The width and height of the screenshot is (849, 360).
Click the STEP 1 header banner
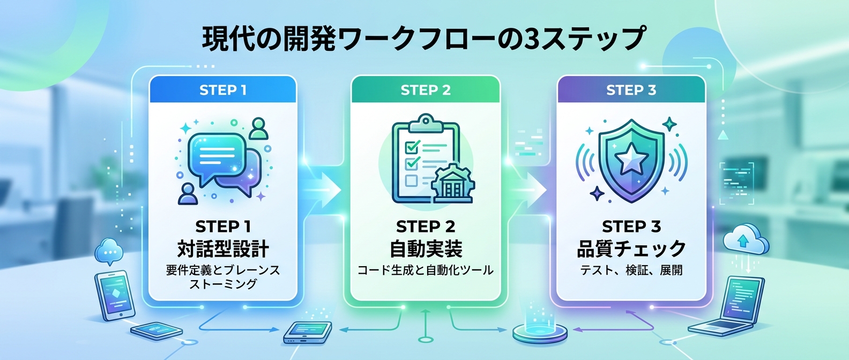pos(222,90)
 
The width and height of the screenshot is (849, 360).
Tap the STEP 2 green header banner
pos(426,90)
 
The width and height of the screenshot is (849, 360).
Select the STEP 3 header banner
pos(631,90)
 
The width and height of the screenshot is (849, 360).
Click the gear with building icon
pos(453,183)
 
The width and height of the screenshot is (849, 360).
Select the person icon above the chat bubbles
pos(259,129)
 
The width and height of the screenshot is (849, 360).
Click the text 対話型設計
pos(223,249)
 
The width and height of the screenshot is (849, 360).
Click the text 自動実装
pos(426,249)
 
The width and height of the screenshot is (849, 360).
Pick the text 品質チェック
pos(631,249)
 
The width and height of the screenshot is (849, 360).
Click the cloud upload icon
pos(745,240)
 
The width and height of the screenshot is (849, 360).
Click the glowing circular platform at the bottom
pos(539,332)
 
